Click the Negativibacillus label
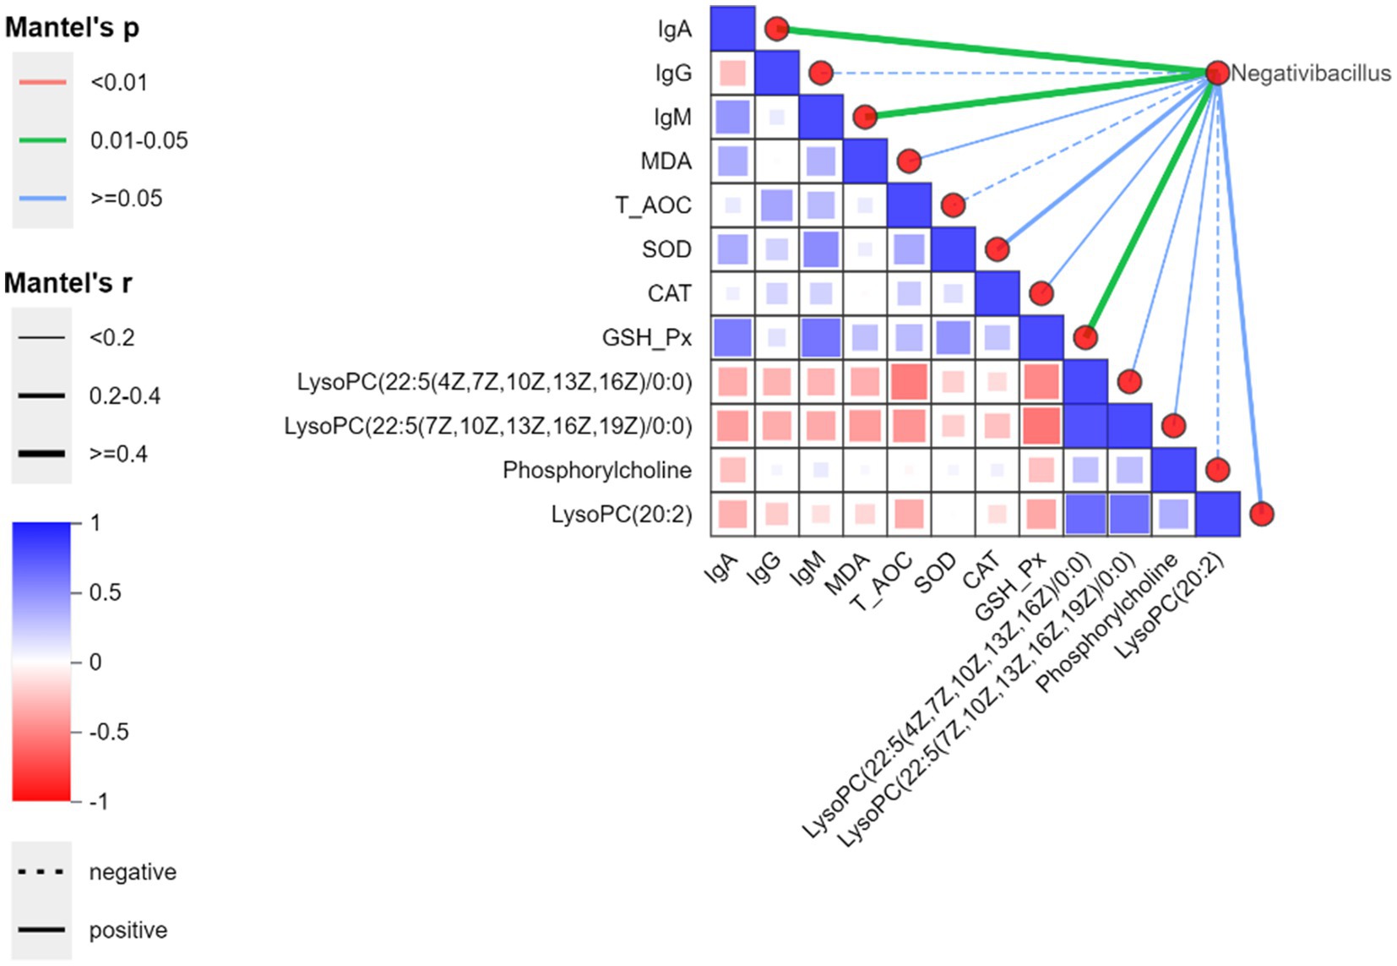(1310, 74)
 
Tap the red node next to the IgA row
(776, 30)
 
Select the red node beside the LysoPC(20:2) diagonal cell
(1261, 514)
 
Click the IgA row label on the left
(674, 30)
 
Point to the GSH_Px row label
(646, 338)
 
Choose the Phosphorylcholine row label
(596, 470)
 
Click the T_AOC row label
(653, 205)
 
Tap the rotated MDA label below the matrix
(847, 575)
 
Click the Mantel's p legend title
(72, 28)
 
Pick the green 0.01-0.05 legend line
(42, 140)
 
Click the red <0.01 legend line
(42, 82)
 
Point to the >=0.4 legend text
(118, 454)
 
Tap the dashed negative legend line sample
(42, 871)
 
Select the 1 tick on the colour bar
(95, 523)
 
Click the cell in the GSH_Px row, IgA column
(732, 338)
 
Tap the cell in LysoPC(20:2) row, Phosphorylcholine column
(1174, 514)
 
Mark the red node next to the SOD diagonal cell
(997, 249)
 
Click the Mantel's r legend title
(68, 283)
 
